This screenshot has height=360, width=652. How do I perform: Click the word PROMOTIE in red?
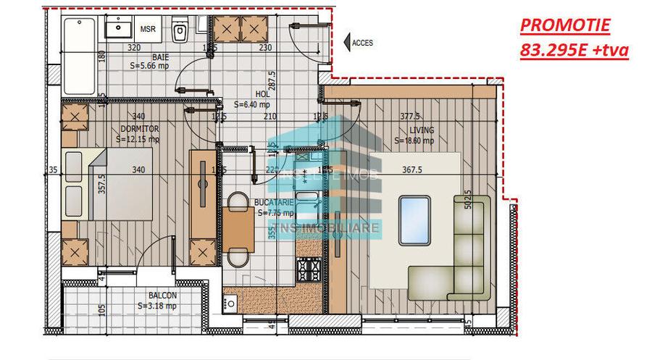565,27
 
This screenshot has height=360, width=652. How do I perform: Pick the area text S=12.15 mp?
139,139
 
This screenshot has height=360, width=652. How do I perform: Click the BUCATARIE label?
275,204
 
